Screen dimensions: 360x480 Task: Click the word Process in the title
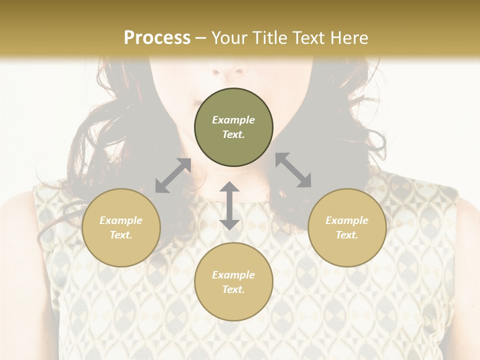click(157, 38)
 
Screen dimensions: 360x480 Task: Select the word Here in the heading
click(348, 38)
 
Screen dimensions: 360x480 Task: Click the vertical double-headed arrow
click(229, 205)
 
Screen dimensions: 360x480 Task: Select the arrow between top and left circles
click(173, 175)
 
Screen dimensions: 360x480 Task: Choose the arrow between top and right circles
click(293, 170)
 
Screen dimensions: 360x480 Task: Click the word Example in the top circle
click(233, 120)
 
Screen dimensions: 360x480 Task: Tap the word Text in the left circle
click(121, 235)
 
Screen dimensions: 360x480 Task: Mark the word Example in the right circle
click(347, 220)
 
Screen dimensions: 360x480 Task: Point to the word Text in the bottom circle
click(233, 289)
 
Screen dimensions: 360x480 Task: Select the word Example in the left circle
click(121, 220)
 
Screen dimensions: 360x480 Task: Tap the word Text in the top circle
click(233, 134)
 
